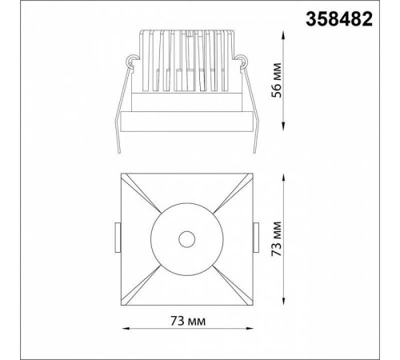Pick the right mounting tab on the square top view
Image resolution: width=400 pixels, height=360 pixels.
[x=258, y=238]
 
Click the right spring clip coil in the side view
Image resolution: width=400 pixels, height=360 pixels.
[x=242, y=59]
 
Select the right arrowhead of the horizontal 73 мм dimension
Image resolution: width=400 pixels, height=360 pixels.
[x=250, y=329]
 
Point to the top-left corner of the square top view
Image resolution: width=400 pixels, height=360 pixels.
[x=121, y=173]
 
